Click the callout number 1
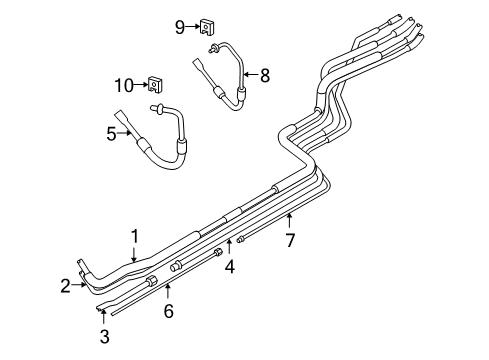pos(132,235)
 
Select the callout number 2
pos(64,286)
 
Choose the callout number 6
pos(168,311)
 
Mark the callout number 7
pos(290,240)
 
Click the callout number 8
pos(265,74)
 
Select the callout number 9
pos(180,27)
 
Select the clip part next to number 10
pos(156,83)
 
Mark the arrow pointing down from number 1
pos(132,253)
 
